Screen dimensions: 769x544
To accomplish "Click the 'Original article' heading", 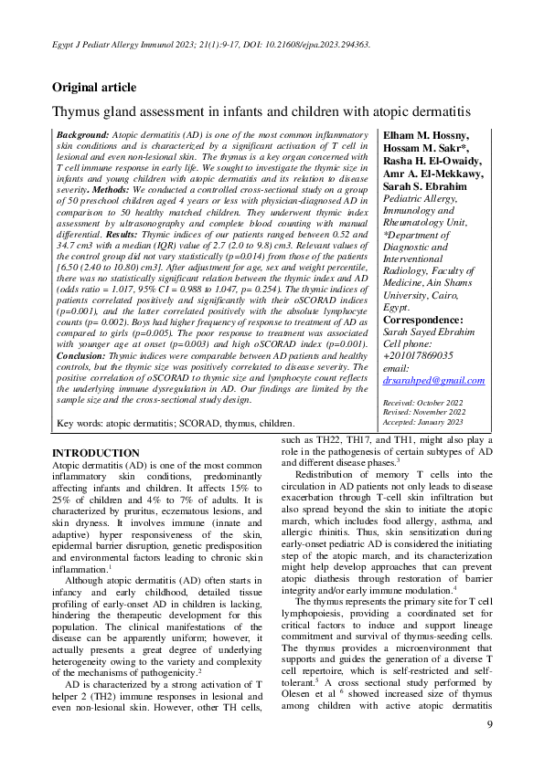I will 94,88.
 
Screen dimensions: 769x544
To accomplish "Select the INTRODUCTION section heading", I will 95,453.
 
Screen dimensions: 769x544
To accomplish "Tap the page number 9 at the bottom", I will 489,724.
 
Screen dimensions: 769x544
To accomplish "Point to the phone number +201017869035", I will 423,356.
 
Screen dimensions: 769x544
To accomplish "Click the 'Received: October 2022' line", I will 422,401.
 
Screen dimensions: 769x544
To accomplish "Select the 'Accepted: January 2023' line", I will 423,421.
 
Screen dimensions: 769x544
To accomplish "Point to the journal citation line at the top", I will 209,42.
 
